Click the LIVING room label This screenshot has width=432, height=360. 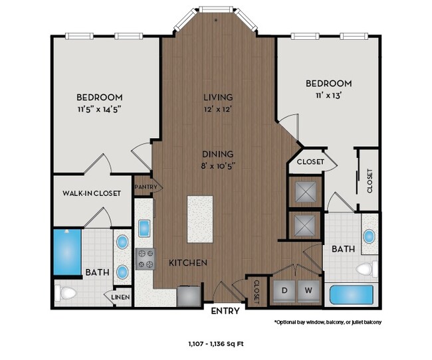point(217,97)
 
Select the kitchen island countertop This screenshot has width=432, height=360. point(200,219)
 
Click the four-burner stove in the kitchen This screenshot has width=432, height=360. point(146,258)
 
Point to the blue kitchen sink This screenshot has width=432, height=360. point(144,228)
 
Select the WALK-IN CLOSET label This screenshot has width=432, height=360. point(92,193)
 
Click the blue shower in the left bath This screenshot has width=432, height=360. point(66,252)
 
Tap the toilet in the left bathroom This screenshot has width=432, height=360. point(67,292)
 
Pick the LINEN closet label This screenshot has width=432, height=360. point(120,297)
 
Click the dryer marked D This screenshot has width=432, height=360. point(284,290)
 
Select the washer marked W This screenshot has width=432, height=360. point(308,290)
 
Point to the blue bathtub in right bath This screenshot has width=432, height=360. point(352,294)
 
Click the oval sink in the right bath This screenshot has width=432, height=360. point(369,236)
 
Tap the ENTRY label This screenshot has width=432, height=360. point(225,310)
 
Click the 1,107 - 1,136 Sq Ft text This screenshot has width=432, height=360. point(216,343)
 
